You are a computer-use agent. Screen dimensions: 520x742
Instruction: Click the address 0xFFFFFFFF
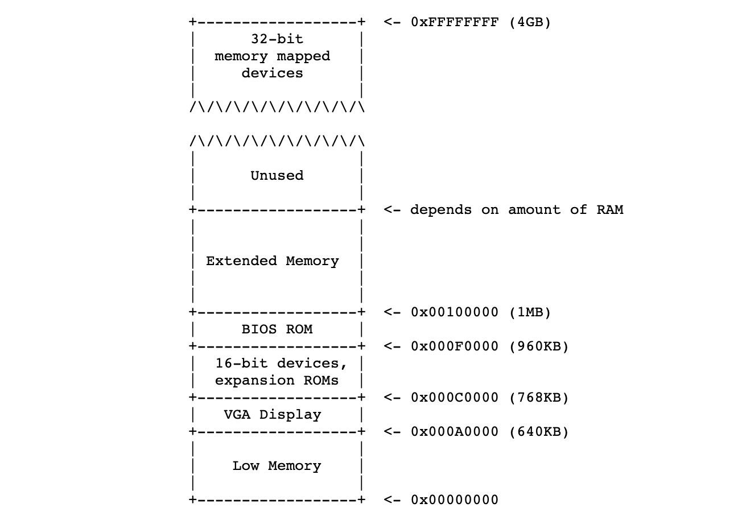(x=454, y=22)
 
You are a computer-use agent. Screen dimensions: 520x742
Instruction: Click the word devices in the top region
(x=272, y=73)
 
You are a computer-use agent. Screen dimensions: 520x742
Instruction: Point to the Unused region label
(x=277, y=176)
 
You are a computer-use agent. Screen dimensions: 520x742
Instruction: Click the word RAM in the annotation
(x=609, y=210)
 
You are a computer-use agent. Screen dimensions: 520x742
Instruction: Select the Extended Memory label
(x=272, y=261)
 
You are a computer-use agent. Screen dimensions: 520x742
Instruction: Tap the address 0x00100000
(x=454, y=312)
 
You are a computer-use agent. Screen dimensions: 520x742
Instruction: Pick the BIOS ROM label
(x=277, y=329)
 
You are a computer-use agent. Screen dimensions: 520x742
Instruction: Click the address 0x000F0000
(x=454, y=346)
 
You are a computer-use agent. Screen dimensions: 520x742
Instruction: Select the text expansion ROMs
(x=277, y=381)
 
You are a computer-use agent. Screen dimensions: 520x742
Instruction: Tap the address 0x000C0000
(x=454, y=398)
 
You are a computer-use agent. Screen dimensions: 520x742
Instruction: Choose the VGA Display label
(x=272, y=415)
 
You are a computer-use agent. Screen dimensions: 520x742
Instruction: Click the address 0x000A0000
(x=454, y=432)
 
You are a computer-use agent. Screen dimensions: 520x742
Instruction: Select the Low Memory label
(x=277, y=466)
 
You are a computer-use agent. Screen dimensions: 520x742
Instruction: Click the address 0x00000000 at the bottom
(x=454, y=500)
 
